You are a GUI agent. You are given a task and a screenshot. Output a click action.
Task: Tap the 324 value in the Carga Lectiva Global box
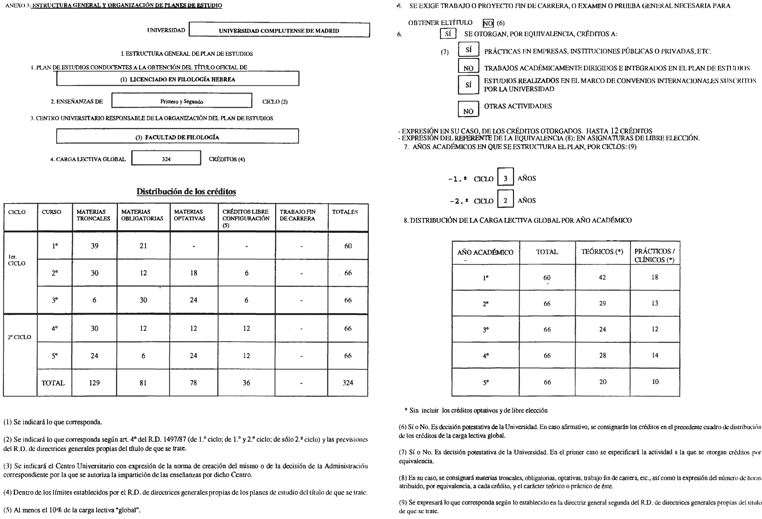tap(166, 159)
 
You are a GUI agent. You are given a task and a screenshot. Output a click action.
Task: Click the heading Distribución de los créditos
tap(186, 192)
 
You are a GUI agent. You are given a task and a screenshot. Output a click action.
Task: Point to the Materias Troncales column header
tap(93, 215)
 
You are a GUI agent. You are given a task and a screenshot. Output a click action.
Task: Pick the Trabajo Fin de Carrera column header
tap(298, 215)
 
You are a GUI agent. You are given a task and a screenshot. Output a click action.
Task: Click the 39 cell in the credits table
tap(94, 246)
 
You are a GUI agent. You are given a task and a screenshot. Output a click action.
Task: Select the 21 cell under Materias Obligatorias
tap(143, 246)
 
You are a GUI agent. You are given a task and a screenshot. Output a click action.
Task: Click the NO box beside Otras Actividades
tap(468, 109)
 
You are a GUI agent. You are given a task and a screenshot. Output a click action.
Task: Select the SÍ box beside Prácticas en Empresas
tap(469, 50)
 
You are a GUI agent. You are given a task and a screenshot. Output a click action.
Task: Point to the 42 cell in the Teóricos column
tap(602, 277)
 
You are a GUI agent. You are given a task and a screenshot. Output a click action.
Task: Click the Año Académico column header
tap(485, 252)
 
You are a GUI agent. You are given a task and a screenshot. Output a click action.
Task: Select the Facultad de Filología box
tap(177, 137)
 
